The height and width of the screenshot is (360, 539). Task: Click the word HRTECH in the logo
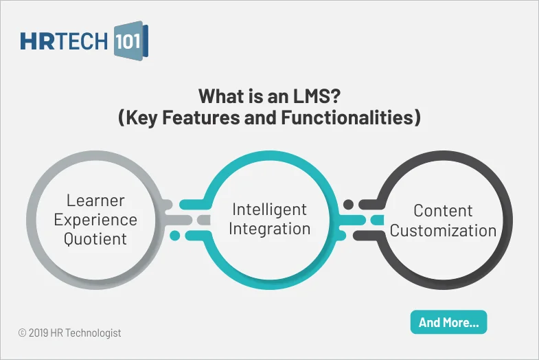(64, 41)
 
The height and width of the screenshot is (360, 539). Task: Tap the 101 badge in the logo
(128, 41)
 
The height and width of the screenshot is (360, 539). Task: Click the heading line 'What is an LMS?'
(268, 95)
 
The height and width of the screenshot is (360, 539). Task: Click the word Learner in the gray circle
(95, 201)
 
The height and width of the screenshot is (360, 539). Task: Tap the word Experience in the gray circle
(95, 220)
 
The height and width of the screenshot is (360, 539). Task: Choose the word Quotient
(95, 239)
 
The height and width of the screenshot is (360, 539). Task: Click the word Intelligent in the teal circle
(269, 209)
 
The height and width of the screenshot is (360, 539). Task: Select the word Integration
(269, 228)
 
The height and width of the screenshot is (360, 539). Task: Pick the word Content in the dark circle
(443, 210)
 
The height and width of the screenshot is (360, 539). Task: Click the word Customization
(443, 230)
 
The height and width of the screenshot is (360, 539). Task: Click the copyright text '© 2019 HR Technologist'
(69, 333)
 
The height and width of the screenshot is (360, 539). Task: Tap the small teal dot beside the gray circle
(174, 236)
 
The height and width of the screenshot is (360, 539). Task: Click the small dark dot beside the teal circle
(348, 204)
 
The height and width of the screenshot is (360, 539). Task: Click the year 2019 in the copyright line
(40, 333)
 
